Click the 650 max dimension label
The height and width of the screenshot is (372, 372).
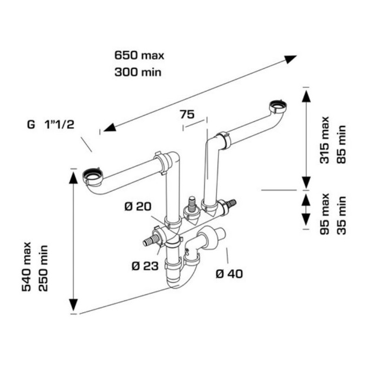tap(139, 55)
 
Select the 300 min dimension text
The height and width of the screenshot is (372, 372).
tap(138, 72)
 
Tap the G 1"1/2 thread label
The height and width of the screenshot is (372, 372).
tap(51, 125)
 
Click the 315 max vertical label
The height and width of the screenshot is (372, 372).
tap(325, 139)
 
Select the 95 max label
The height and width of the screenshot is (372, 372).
tap(325, 213)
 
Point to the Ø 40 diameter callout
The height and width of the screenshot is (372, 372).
tap(229, 274)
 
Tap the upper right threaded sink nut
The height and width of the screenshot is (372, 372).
tap(279, 106)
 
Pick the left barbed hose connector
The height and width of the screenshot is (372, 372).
tap(148, 241)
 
